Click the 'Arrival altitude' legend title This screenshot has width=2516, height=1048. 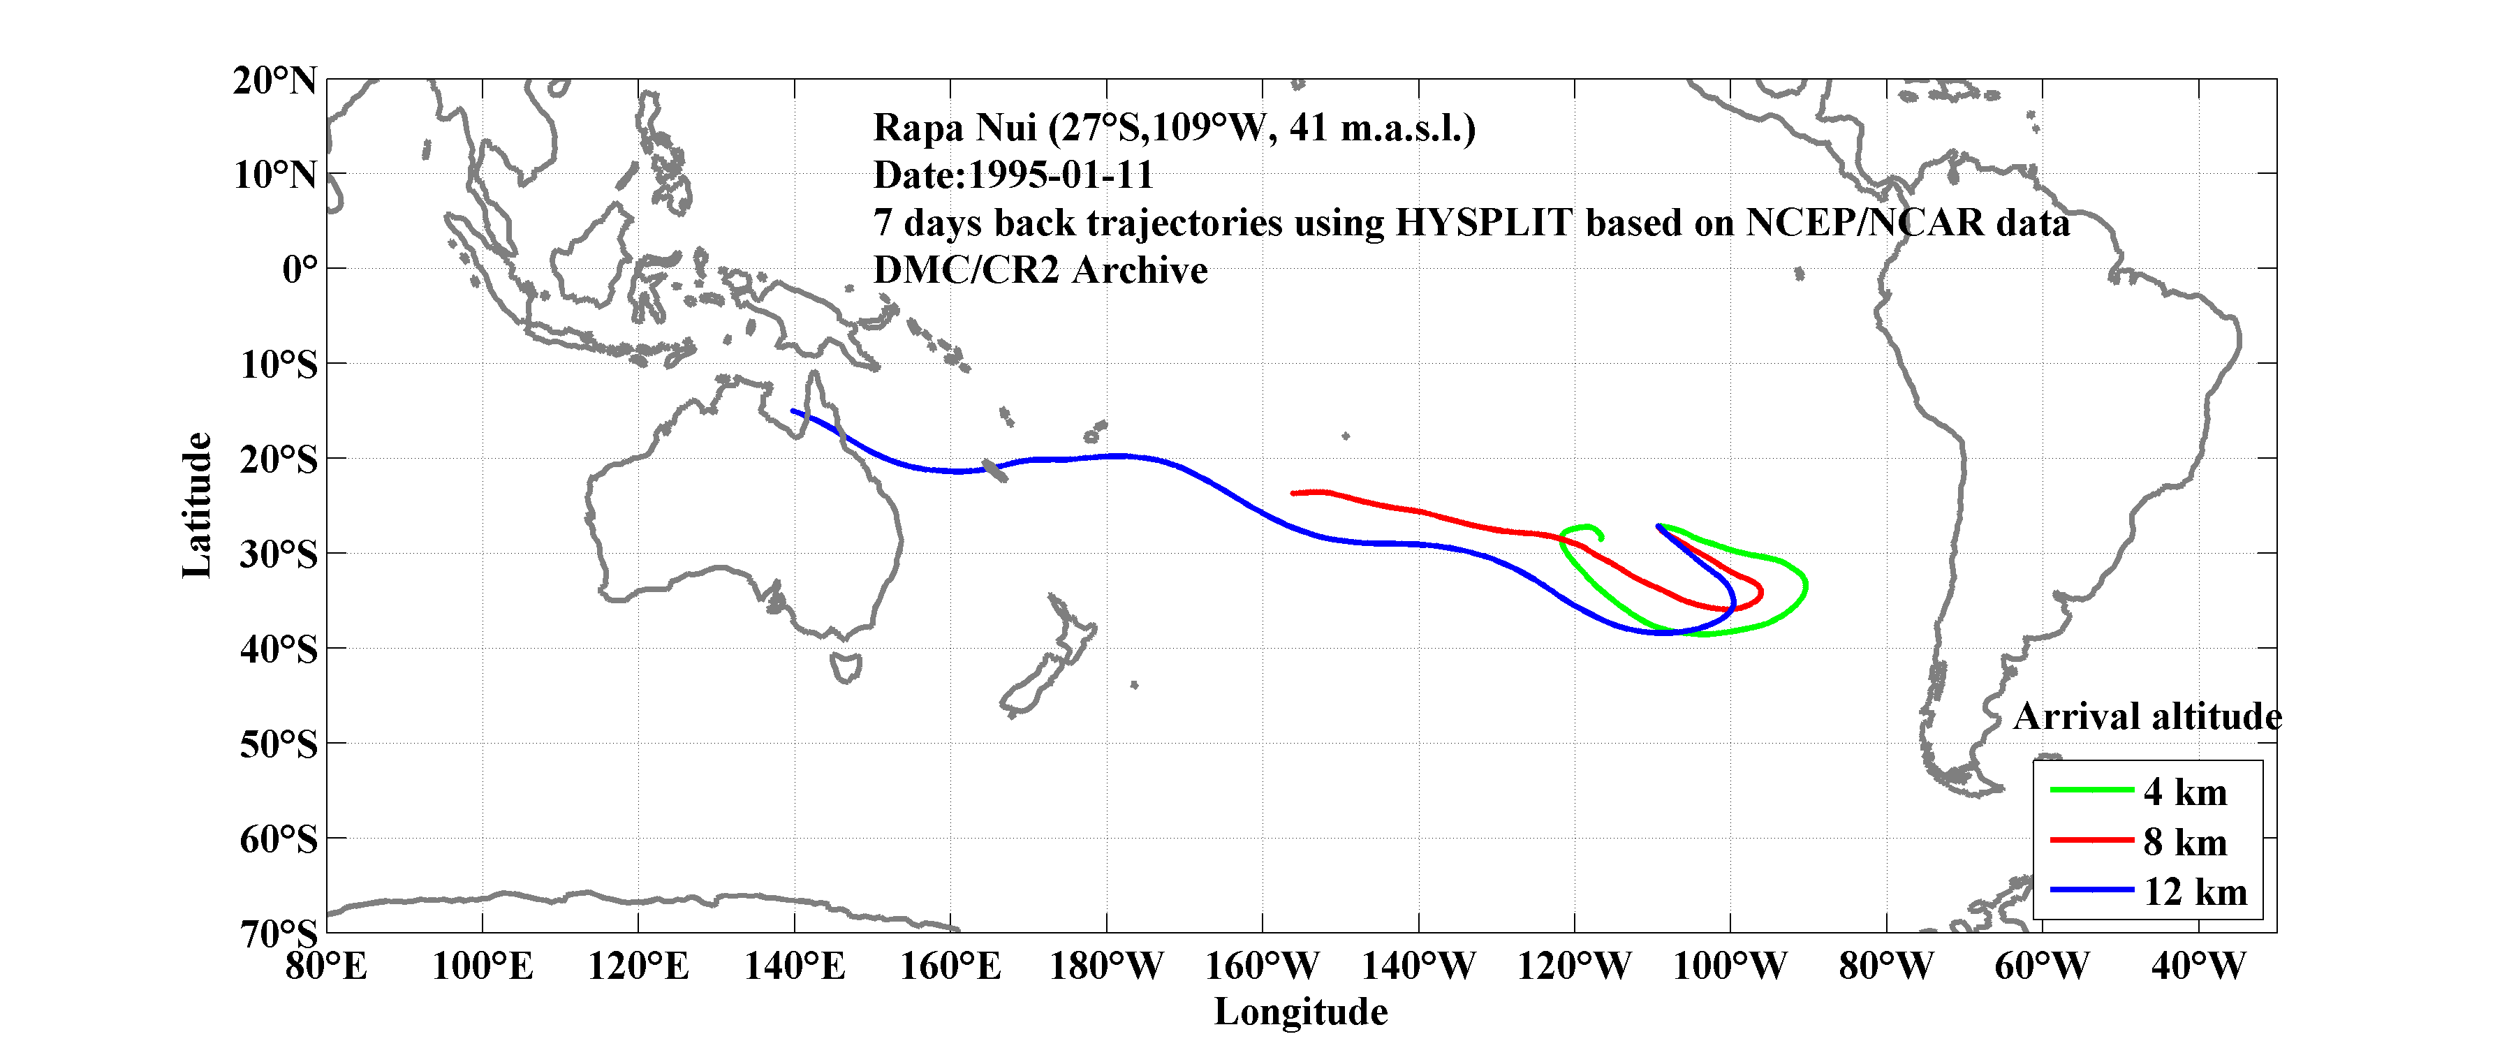pos(2147,717)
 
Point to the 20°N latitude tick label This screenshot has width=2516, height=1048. pos(274,81)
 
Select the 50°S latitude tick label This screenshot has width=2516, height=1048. pos(279,744)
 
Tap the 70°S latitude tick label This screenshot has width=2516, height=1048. pos(279,933)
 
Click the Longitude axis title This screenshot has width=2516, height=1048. pos(1300,1012)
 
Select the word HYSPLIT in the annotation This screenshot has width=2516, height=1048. pos(1483,223)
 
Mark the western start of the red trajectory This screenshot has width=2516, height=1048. pos(1293,493)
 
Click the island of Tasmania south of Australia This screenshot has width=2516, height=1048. pos(846,668)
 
